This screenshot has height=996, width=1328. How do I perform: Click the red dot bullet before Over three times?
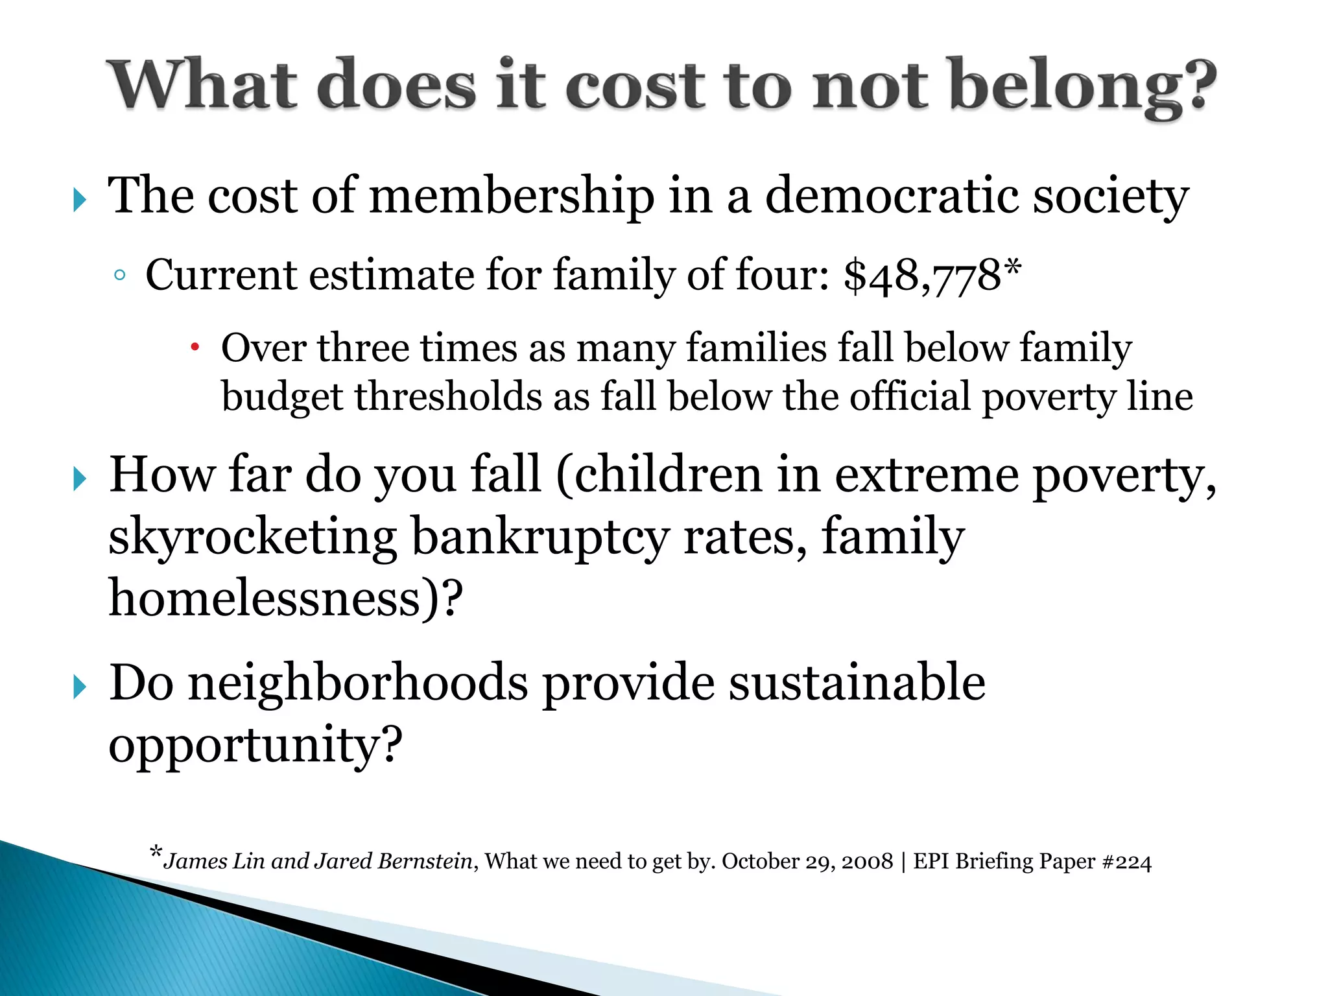click(195, 348)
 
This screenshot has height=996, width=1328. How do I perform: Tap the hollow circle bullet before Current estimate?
click(119, 276)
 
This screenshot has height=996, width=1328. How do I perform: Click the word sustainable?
click(856, 683)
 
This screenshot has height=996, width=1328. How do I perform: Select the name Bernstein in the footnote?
click(425, 861)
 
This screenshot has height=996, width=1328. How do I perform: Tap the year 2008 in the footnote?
click(868, 862)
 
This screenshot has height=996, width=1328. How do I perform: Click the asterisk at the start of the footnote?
click(156, 852)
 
